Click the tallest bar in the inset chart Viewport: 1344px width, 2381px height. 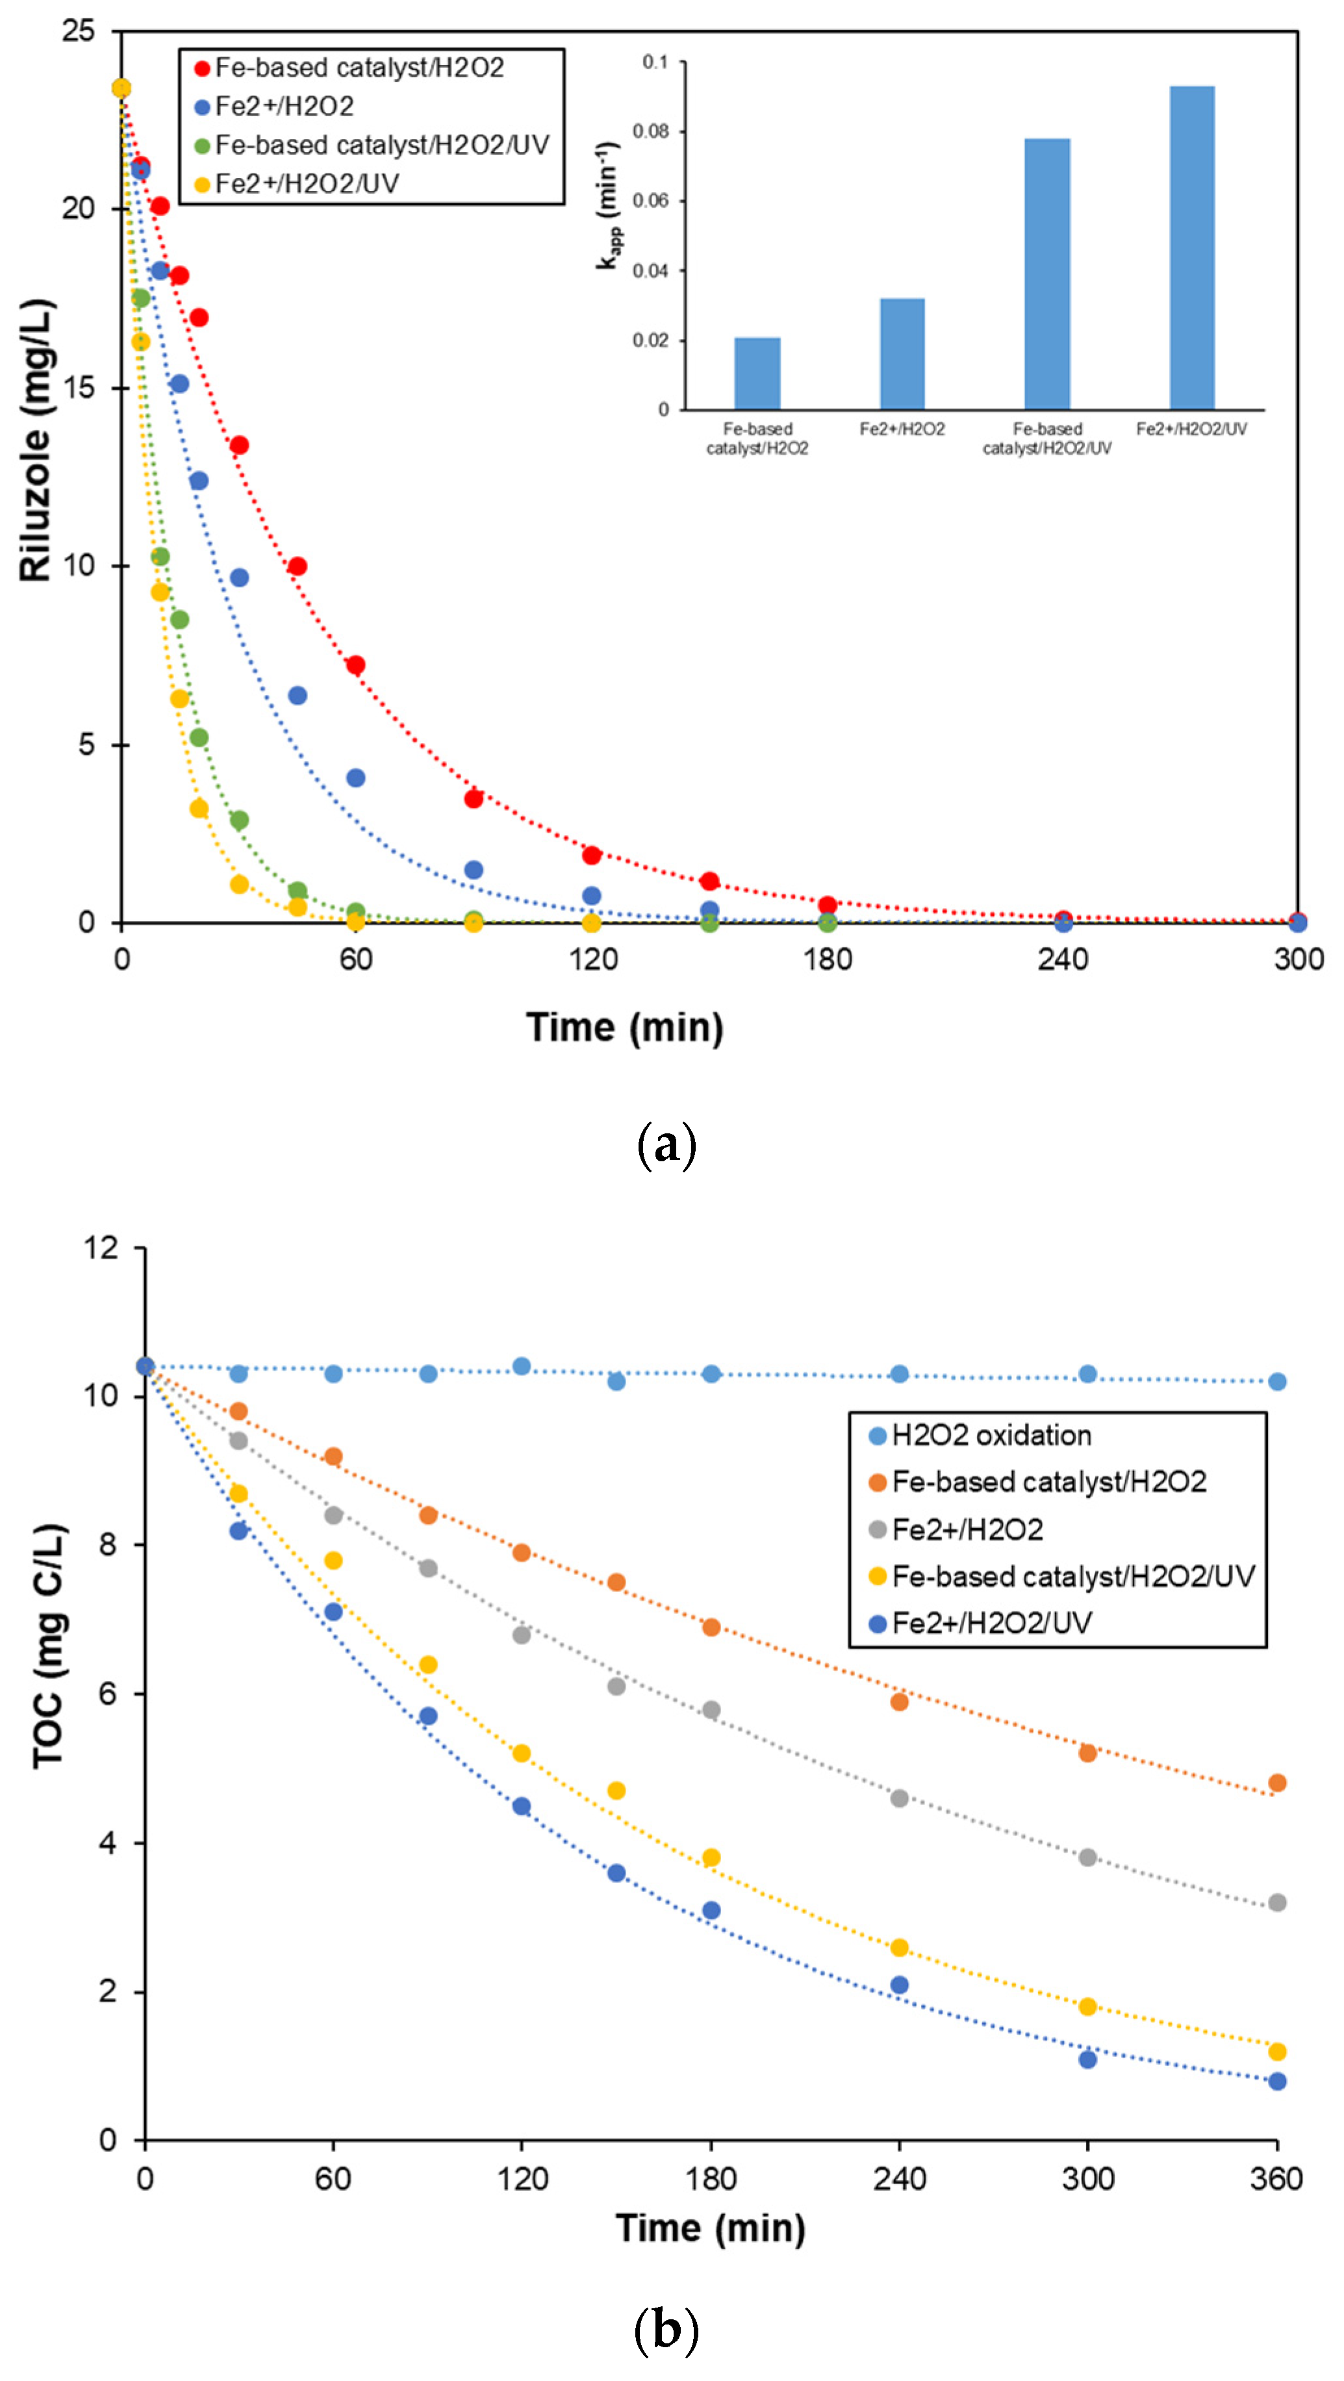tap(1191, 247)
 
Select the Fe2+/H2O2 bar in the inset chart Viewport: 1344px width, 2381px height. tap(902, 353)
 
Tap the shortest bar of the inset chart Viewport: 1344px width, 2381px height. tap(757, 373)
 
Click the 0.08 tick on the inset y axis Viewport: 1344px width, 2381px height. tap(651, 131)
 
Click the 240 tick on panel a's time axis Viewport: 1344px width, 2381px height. tap(1062, 959)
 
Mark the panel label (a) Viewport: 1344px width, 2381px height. tap(666, 1145)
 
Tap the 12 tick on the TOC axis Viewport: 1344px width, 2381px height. tap(102, 1248)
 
